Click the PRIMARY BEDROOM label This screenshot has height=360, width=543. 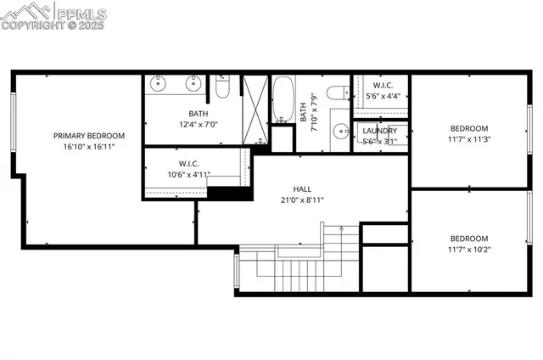click(89, 135)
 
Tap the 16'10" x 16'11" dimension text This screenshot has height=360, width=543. click(89, 147)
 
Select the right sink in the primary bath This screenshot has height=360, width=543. click(193, 83)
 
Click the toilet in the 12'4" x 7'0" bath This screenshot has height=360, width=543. click(222, 87)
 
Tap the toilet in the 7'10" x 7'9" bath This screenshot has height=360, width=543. click(337, 91)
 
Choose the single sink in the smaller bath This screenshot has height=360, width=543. click(340, 132)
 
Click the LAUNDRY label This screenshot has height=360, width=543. click(379, 131)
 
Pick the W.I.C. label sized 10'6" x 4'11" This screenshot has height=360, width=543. click(188, 164)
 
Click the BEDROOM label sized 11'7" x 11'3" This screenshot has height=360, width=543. click(469, 129)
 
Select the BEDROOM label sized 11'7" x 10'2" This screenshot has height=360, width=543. click(469, 238)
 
